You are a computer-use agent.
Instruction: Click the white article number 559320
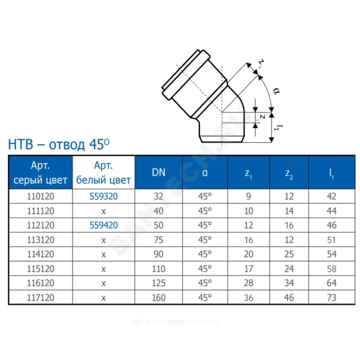(103, 196)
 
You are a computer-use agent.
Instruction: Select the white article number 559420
(103, 225)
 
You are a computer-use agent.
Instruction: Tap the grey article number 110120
(40, 196)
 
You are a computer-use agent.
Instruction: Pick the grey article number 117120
(40, 297)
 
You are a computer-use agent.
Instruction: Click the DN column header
(159, 172)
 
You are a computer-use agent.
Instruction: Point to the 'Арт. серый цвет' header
(40, 173)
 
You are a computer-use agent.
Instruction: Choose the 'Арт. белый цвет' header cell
(103, 173)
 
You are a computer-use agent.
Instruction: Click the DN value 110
(159, 269)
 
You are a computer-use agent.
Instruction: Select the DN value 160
(159, 297)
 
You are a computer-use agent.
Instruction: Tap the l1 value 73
(332, 297)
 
